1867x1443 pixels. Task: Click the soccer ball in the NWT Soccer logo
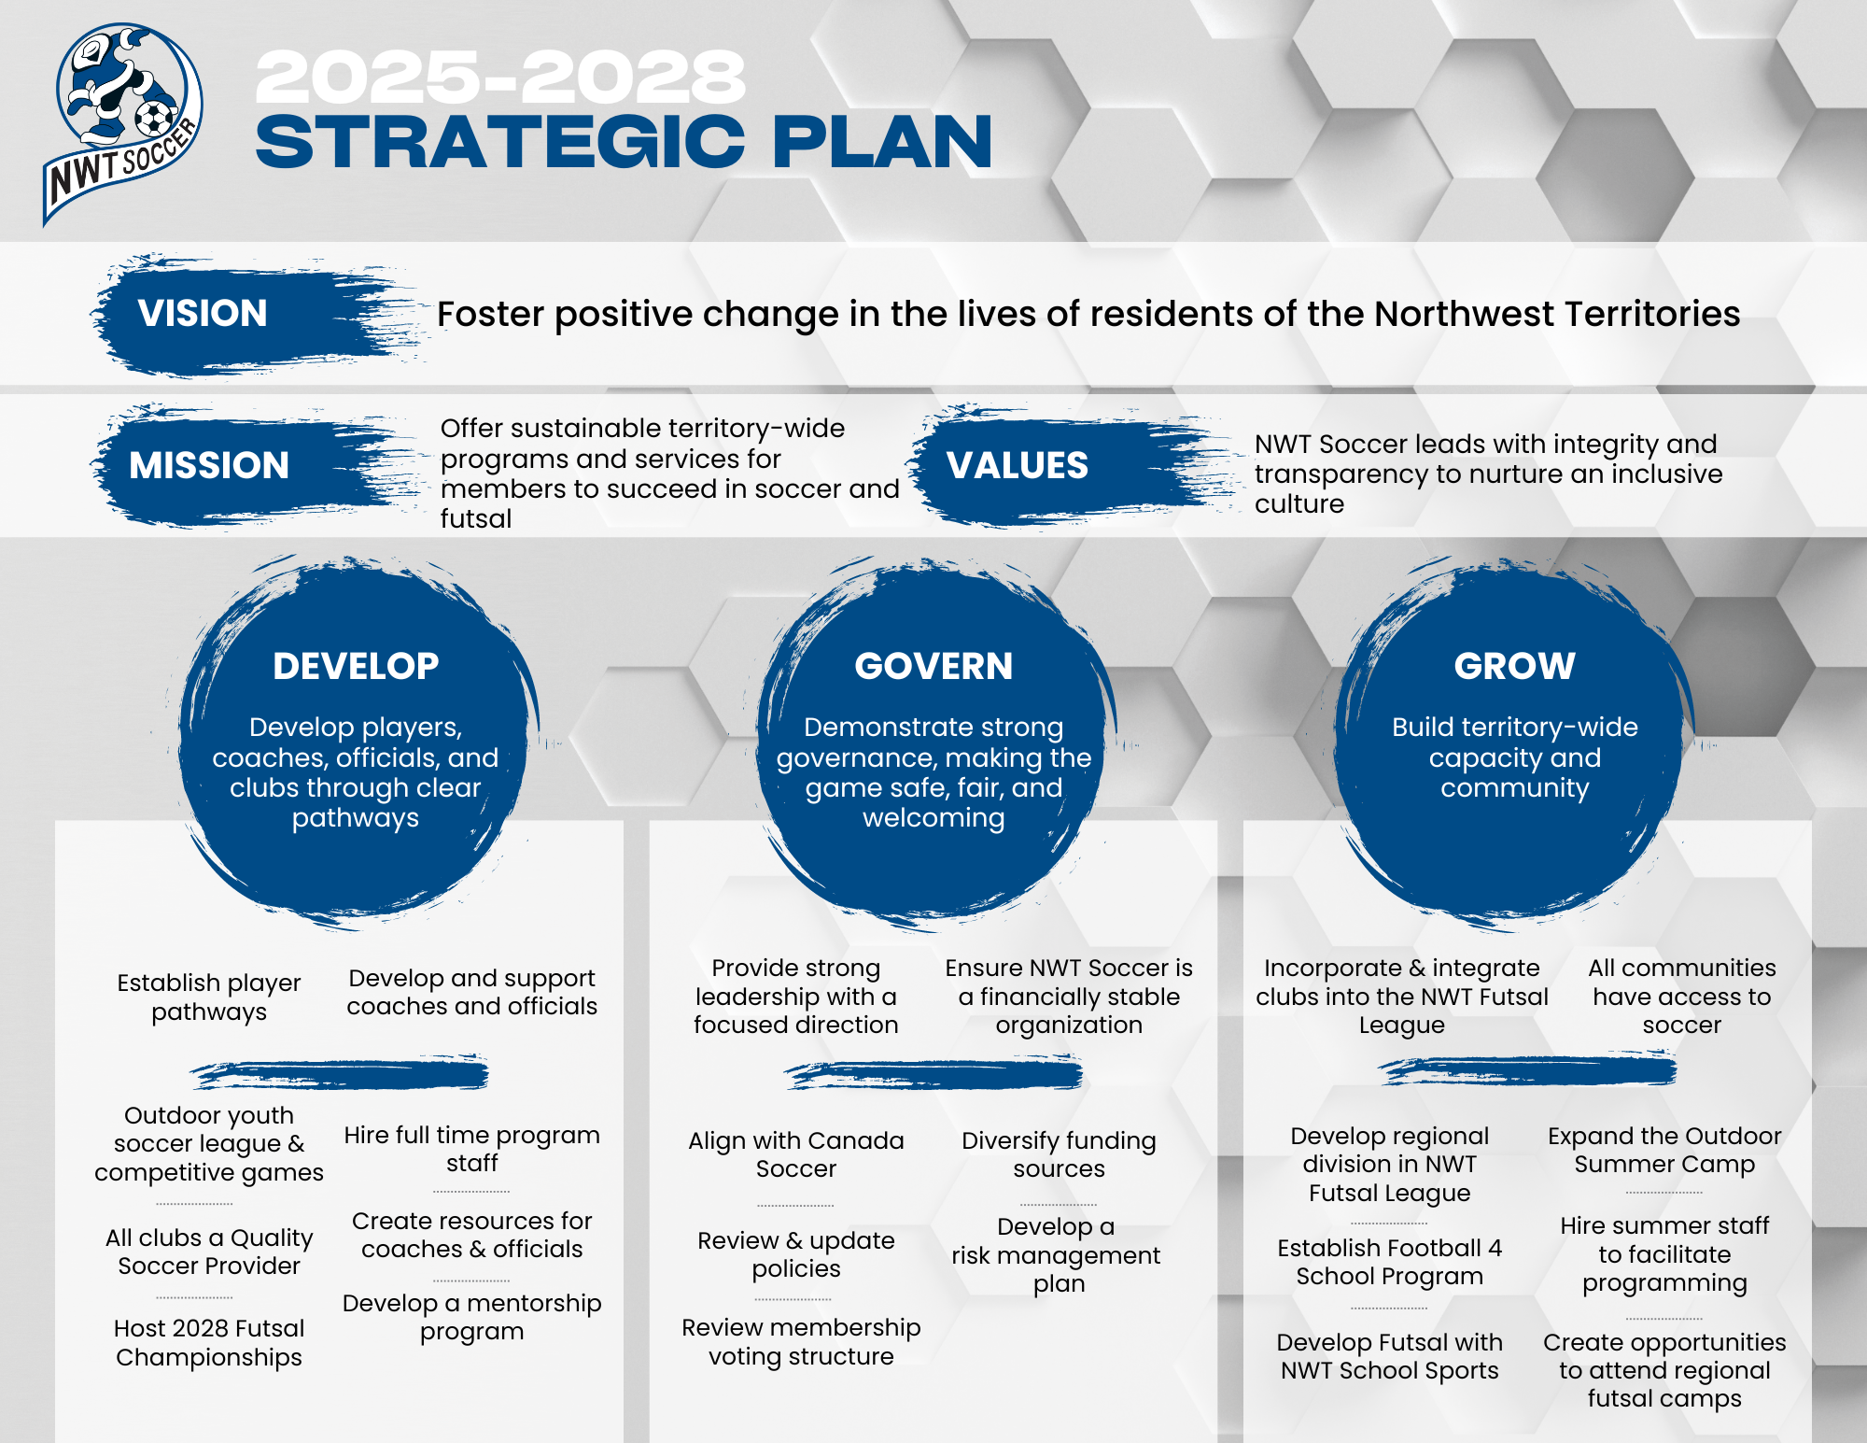(153, 119)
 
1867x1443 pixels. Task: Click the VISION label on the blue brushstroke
(203, 313)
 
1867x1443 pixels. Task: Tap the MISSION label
(209, 465)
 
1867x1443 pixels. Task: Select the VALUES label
(1018, 465)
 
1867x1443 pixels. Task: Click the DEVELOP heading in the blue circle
(356, 666)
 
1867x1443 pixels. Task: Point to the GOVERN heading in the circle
(933, 666)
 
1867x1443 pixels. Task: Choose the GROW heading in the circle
(1514, 666)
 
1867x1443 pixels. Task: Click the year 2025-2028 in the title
(500, 77)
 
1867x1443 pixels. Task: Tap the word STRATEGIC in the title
(499, 142)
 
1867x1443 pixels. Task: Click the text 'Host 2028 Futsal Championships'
(209, 1342)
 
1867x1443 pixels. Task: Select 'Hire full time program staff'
(472, 1149)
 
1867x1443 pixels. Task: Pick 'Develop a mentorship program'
(472, 1317)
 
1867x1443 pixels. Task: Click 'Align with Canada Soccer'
(796, 1154)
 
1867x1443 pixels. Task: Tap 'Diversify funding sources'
(1059, 1154)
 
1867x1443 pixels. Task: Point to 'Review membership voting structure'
(801, 1341)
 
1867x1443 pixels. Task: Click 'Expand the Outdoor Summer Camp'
(1664, 1150)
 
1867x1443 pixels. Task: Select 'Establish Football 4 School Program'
(1389, 1262)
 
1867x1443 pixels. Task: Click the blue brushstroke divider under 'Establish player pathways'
(340, 1074)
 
